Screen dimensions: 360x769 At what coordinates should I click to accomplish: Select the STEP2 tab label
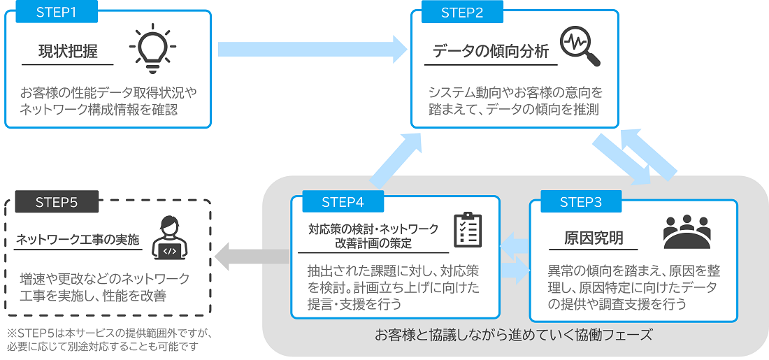[462, 12]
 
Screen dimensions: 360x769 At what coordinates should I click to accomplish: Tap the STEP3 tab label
[581, 202]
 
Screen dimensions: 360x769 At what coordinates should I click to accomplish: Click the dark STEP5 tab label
[57, 202]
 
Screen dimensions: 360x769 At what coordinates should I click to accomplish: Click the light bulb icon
[152, 49]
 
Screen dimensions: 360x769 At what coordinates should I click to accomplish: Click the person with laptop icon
[170, 238]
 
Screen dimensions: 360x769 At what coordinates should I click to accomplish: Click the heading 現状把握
[67, 52]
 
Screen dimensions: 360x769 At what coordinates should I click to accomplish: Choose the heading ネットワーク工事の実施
[78, 238]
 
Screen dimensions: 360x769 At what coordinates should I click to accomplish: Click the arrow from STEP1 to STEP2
[312, 49]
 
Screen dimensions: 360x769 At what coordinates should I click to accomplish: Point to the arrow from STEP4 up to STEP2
[394, 159]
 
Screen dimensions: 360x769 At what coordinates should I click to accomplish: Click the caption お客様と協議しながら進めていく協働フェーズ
[513, 336]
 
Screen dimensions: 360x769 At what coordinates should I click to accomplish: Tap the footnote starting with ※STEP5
[109, 340]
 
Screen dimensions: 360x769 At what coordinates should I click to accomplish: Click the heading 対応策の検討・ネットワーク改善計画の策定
[373, 236]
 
